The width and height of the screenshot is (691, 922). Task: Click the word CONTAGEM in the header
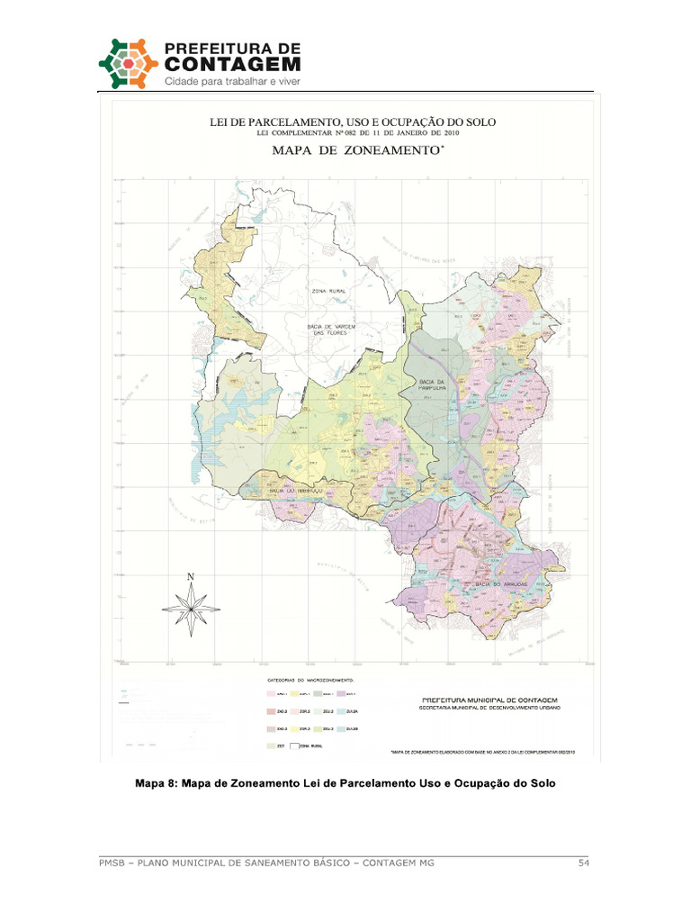(232, 64)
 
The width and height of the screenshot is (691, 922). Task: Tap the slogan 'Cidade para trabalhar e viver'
(230, 82)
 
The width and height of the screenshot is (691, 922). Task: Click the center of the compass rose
(191, 610)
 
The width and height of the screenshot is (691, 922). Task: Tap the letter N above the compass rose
(191, 576)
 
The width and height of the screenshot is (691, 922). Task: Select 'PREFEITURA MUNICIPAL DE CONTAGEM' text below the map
(490, 699)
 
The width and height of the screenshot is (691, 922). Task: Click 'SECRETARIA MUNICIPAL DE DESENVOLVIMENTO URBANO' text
(490, 708)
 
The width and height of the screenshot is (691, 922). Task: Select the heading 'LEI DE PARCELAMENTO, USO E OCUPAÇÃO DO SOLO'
(353, 122)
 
